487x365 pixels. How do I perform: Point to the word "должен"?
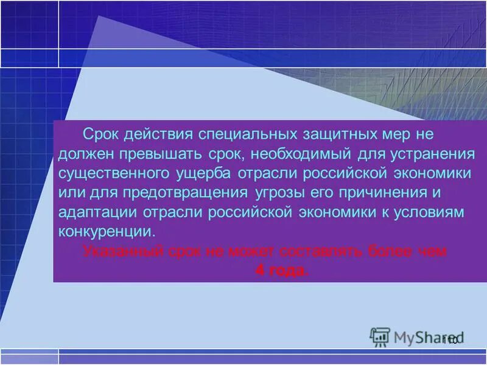[x=85, y=153]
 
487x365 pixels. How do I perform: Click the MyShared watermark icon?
[x=380, y=336]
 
